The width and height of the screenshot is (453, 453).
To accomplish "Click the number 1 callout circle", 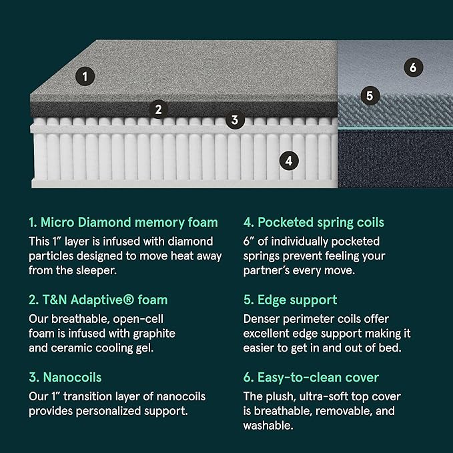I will pos(84,76).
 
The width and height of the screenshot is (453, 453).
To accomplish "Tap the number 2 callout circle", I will pos(158,109).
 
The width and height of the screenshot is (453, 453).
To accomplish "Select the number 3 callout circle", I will pos(234,120).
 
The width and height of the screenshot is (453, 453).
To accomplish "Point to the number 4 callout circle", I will pos(288,160).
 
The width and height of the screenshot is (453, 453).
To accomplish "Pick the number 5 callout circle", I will pos(370,95).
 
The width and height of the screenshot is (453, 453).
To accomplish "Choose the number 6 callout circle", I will pos(413,67).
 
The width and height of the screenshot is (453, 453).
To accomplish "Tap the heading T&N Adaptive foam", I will pos(97,300).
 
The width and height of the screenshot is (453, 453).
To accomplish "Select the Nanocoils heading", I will pos(65,378).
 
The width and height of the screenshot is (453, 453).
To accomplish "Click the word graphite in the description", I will pos(153,332).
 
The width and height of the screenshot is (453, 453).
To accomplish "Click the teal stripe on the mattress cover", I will pos(394,127).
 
